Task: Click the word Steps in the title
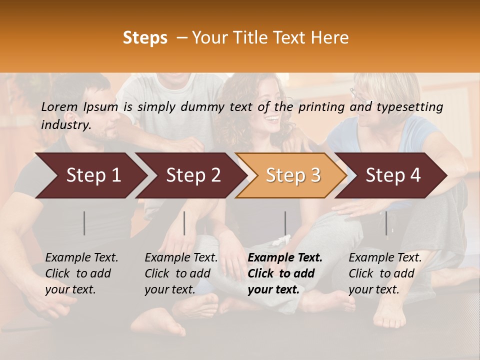(145, 38)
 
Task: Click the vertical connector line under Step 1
(84, 223)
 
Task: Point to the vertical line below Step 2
(184, 223)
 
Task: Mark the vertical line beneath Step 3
(285, 223)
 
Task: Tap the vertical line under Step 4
(386, 223)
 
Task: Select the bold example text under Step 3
(284, 273)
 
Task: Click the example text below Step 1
(81, 273)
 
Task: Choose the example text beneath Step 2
(181, 273)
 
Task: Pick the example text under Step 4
(385, 273)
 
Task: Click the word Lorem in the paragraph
(59, 106)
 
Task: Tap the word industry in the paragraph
(65, 125)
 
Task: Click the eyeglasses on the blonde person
(356, 94)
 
